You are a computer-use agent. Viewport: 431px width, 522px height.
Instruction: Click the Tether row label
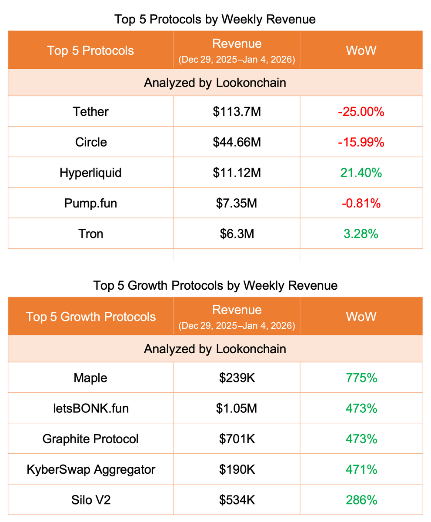tap(90, 112)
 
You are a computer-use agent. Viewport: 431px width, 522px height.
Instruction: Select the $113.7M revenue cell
tap(237, 112)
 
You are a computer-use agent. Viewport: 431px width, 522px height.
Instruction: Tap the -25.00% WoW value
tap(361, 112)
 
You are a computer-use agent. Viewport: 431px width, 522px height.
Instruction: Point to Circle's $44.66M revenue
tap(237, 142)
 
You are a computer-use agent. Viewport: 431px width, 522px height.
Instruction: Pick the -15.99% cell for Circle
tap(361, 142)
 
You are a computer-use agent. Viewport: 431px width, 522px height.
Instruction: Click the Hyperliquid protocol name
tap(90, 173)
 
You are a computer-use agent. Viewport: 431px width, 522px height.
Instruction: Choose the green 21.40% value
tap(361, 173)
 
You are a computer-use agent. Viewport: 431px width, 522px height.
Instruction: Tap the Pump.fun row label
tap(90, 203)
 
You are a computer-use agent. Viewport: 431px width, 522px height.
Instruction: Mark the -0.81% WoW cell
tap(361, 203)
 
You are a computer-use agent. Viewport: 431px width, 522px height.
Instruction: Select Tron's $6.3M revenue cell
tap(237, 234)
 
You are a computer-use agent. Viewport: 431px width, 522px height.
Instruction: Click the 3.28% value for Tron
tap(361, 234)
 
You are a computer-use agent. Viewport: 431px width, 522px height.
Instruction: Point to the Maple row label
tap(90, 378)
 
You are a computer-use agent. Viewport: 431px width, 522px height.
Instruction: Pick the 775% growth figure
tap(361, 378)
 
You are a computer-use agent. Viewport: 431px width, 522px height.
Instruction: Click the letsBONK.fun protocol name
tap(90, 408)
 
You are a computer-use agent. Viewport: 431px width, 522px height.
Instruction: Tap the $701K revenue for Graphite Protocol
tap(237, 439)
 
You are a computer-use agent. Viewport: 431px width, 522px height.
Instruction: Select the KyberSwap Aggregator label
tap(90, 469)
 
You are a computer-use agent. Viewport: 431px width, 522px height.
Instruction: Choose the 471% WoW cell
tap(361, 469)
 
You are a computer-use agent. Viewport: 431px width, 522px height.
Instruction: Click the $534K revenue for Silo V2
tap(237, 500)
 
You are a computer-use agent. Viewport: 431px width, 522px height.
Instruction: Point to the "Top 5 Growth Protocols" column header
tap(90, 316)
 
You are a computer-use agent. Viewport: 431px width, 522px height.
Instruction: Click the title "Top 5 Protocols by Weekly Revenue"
tap(215, 20)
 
